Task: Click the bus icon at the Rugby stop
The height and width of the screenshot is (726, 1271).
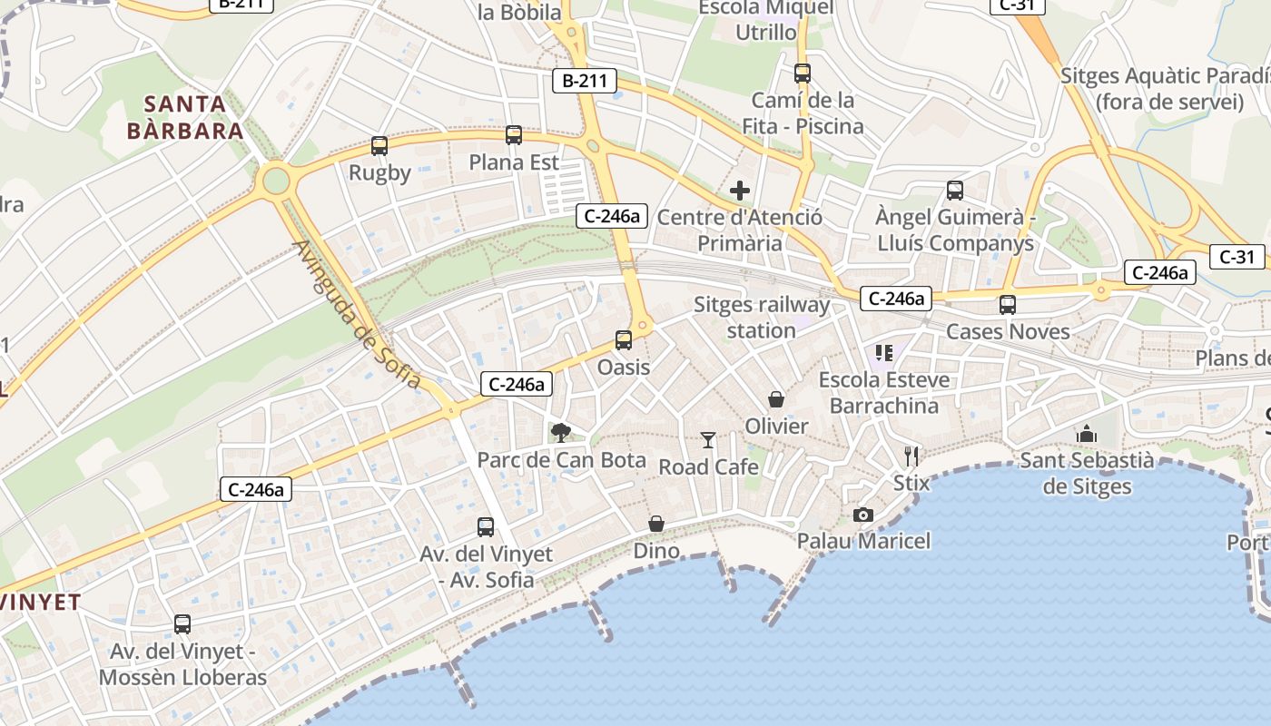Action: tap(379, 146)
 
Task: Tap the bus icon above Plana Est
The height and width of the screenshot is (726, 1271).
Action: tap(514, 136)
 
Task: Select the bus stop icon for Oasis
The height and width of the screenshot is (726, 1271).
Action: tap(624, 340)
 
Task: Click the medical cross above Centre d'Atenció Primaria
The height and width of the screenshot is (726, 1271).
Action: tap(740, 191)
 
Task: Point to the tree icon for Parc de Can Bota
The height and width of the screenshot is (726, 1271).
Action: tap(561, 432)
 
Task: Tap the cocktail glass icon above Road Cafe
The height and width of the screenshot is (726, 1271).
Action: tap(708, 440)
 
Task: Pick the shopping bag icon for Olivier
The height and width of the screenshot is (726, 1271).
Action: tap(776, 399)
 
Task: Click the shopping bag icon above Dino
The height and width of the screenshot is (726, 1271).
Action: tap(656, 525)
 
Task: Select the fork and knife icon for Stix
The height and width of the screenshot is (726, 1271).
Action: tap(911, 456)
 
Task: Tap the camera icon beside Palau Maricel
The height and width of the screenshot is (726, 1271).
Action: tap(863, 515)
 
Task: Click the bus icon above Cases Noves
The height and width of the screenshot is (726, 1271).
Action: tap(1008, 305)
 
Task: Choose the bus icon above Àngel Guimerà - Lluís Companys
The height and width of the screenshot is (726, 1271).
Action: tap(955, 191)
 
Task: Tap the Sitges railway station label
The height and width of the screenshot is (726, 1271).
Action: tap(762, 318)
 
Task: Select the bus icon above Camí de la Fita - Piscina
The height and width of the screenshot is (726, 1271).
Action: tap(803, 74)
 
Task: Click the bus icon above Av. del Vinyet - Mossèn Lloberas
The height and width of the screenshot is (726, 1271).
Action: tap(182, 624)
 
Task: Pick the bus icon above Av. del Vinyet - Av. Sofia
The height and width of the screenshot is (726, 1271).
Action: tap(486, 527)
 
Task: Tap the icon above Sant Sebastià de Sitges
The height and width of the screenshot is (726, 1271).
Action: tap(1087, 435)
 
